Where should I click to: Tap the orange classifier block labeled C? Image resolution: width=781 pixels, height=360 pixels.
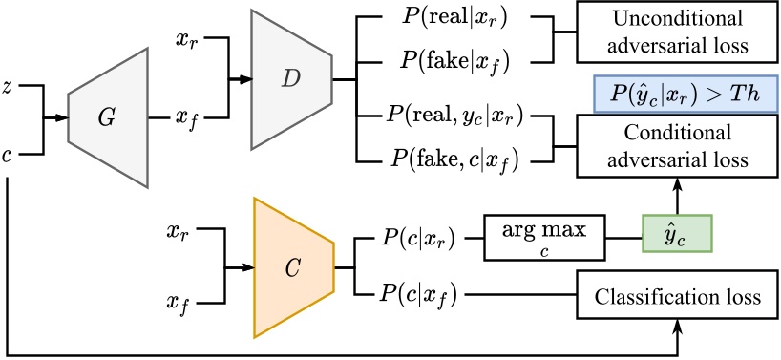[x=292, y=268]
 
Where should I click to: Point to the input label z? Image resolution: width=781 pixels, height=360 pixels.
[x=10, y=86]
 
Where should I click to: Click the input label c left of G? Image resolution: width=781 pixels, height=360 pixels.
[x=10, y=153]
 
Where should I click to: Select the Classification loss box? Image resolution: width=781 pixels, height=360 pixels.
[x=677, y=297]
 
